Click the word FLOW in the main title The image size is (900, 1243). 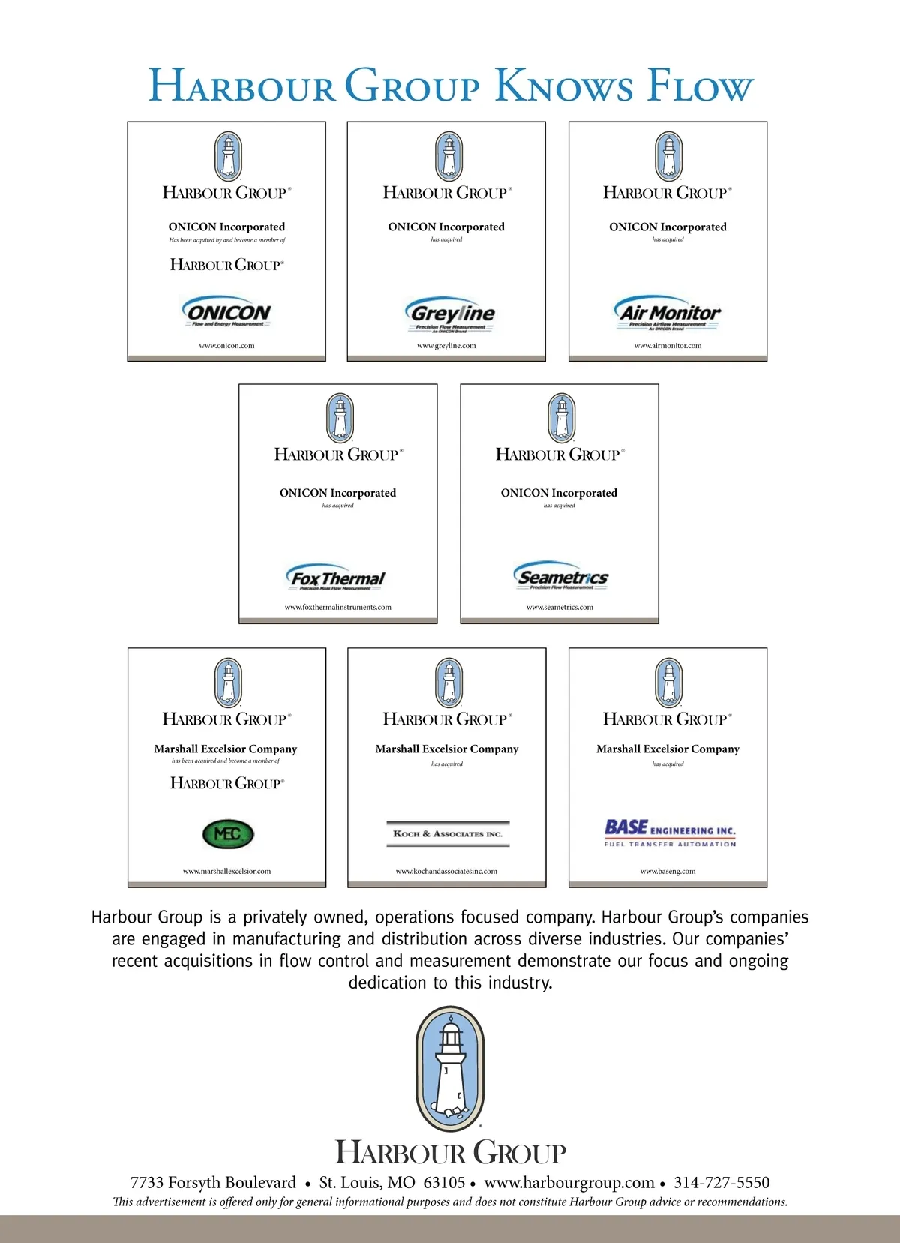click(699, 86)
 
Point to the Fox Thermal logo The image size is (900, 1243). click(337, 578)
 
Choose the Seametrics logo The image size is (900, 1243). click(561, 576)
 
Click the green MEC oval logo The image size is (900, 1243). click(229, 833)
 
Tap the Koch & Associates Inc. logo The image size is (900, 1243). click(448, 833)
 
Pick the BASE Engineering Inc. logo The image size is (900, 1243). click(670, 831)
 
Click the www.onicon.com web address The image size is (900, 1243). click(226, 346)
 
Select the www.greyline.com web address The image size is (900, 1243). click(446, 346)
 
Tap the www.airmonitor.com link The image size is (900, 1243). click(667, 346)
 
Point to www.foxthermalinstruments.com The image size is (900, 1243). click(337, 607)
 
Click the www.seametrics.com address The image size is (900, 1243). click(559, 607)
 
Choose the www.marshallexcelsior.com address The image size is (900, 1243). click(226, 871)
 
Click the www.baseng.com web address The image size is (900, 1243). click(667, 871)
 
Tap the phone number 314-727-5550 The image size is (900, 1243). click(721, 1183)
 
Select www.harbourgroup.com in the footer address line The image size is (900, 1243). click(569, 1183)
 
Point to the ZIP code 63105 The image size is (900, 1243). click(444, 1183)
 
